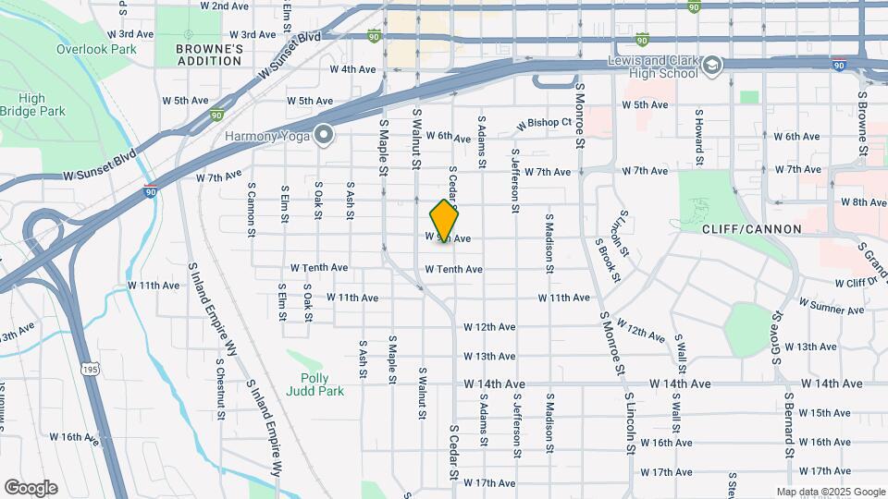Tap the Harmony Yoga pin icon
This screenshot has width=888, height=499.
pyautogui.click(x=324, y=136)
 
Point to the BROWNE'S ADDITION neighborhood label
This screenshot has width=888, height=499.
pyautogui.click(x=209, y=55)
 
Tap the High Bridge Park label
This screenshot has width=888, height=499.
pyautogui.click(x=31, y=104)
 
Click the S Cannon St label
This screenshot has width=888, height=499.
pyautogui.click(x=251, y=209)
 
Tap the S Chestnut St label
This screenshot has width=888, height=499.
pyautogui.click(x=221, y=388)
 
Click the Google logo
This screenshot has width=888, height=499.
pyautogui.click(x=31, y=487)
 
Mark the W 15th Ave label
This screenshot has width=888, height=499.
pyautogui.click(x=823, y=413)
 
